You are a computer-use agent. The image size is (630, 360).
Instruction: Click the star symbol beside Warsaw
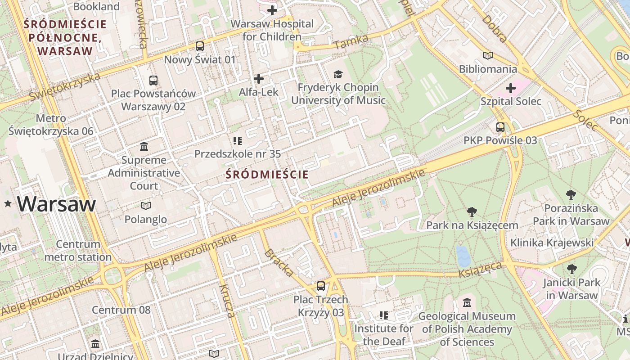(x=8, y=204)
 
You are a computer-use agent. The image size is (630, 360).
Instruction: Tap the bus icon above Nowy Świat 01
(x=199, y=46)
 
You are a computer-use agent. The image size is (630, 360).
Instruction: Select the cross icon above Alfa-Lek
(x=258, y=79)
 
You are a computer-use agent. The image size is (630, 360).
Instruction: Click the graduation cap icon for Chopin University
(x=338, y=74)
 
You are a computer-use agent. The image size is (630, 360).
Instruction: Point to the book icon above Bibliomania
(x=487, y=56)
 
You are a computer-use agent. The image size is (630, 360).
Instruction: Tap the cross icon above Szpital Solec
(x=510, y=88)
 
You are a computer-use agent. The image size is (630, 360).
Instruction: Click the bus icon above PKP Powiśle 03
(x=500, y=127)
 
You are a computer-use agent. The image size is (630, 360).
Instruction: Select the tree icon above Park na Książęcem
(x=472, y=211)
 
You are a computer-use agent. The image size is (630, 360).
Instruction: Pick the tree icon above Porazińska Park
(x=571, y=195)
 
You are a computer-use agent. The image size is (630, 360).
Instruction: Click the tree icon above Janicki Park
(x=571, y=269)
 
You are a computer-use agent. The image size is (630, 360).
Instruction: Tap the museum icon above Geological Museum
(x=467, y=303)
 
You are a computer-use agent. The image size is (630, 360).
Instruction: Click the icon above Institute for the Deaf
(x=383, y=315)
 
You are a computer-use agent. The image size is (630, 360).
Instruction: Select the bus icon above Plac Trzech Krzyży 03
(x=320, y=286)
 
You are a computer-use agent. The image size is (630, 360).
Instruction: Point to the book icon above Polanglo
(x=145, y=206)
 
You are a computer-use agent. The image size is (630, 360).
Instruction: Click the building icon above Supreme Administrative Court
(x=144, y=146)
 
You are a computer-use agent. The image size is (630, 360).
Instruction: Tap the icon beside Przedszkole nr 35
(x=238, y=140)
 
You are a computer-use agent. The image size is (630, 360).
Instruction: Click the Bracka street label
(x=279, y=262)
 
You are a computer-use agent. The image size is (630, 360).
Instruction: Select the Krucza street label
(x=227, y=301)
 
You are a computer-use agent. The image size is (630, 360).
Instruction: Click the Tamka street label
(x=351, y=41)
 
